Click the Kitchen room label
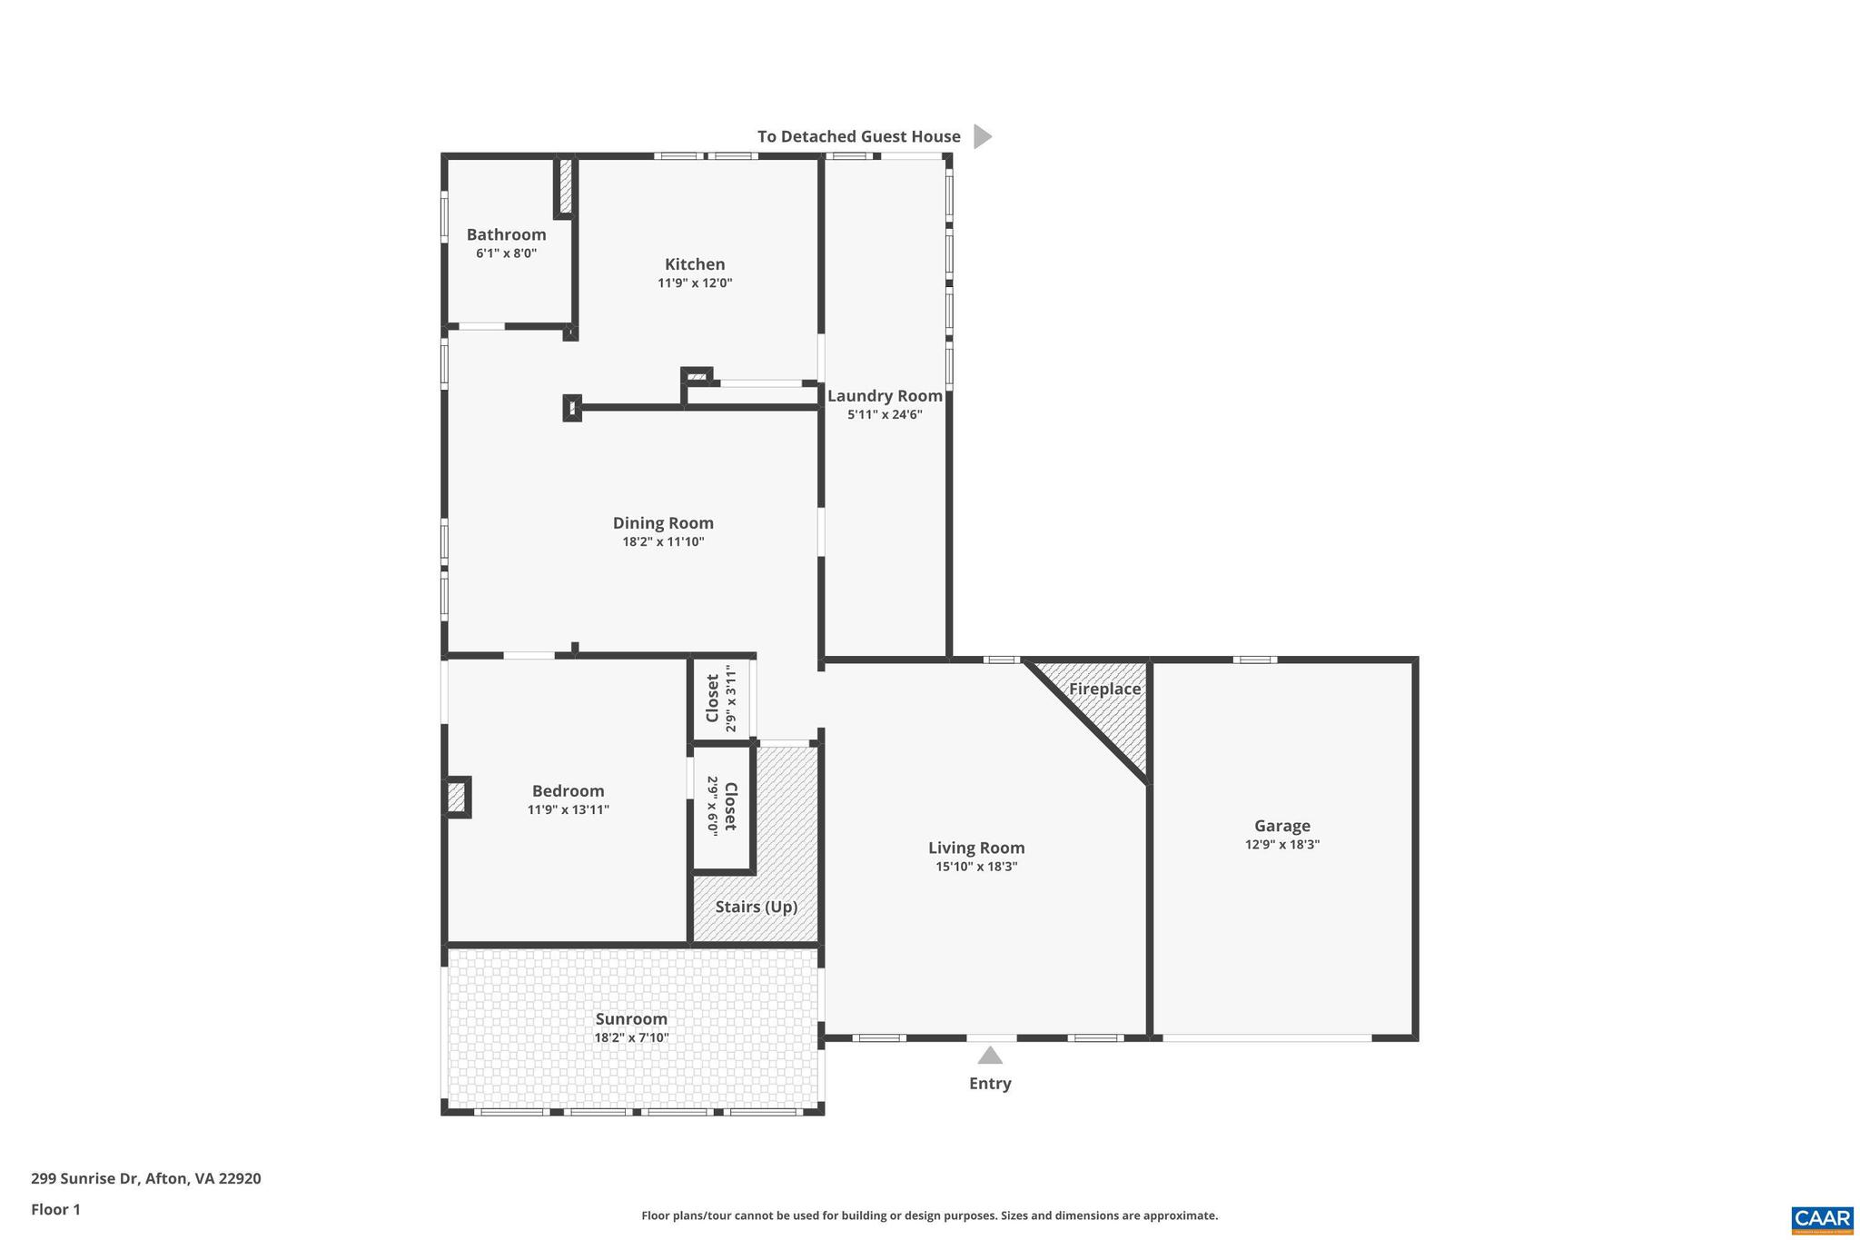pyautogui.click(x=695, y=264)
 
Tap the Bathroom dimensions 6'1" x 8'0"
pyautogui.click(x=506, y=253)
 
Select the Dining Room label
pyautogui.click(x=663, y=523)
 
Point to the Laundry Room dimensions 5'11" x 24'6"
pyautogui.click(x=885, y=415)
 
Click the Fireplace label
pyautogui.click(x=1104, y=689)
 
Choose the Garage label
pyautogui.click(x=1281, y=826)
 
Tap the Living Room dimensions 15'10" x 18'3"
pyautogui.click(x=976, y=867)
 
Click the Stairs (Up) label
pyautogui.click(x=756, y=907)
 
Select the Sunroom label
pyautogui.click(x=631, y=1019)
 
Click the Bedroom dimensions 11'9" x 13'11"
pyautogui.click(x=568, y=809)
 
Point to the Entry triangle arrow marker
pyautogui.click(x=990, y=1056)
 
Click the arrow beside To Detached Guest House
pyautogui.click(x=982, y=136)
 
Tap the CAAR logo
pyautogui.click(x=1822, y=1219)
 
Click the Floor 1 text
pyautogui.click(x=55, y=1209)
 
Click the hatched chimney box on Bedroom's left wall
pyautogui.click(x=457, y=798)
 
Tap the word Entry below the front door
pyautogui.click(x=990, y=1083)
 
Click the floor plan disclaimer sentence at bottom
pyautogui.click(x=929, y=1215)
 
